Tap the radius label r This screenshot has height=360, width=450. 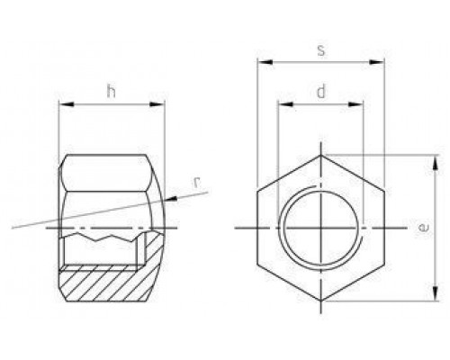[x=195, y=184]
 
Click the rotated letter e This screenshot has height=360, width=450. [x=422, y=229]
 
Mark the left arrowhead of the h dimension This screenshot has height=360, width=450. [x=64, y=104]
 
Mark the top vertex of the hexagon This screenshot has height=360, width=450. [x=320, y=155]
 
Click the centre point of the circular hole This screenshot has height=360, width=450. [x=320, y=229]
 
